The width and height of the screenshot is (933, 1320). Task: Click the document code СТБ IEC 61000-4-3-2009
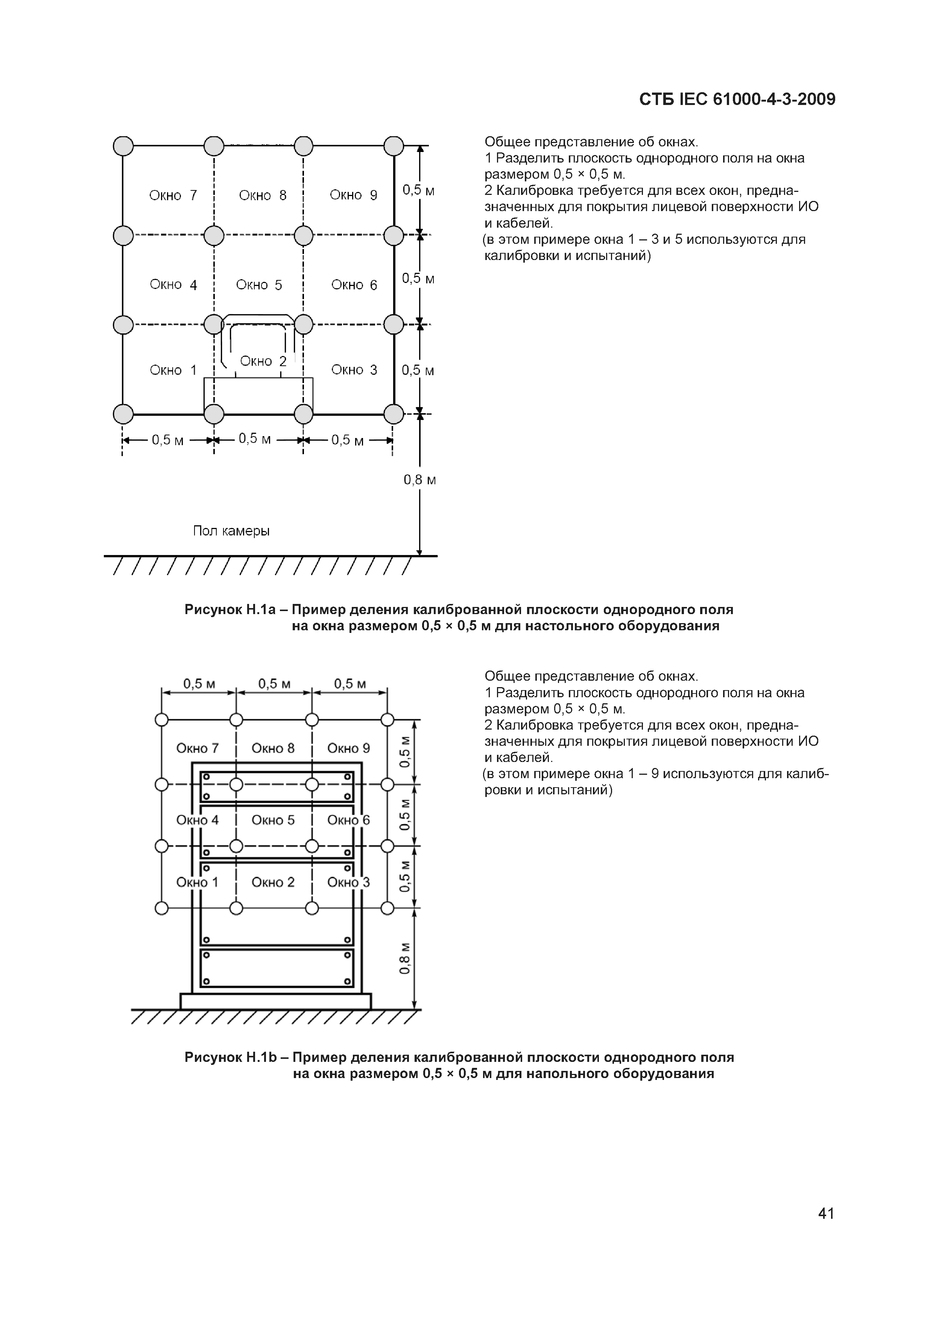[x=737, y=99]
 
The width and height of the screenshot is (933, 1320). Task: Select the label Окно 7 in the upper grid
[x=173, y=195]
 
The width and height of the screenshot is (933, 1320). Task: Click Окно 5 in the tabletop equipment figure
[x=259, y=285]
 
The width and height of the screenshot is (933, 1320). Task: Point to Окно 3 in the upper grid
[x=354, y=370]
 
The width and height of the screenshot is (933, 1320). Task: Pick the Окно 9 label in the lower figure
[x=348, y=748]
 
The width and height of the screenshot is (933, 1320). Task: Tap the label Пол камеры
[x=231, y=531]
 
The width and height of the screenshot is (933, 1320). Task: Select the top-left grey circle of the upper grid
[x=123, y=146]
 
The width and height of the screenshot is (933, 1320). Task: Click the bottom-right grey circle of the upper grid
[x=394, y=414]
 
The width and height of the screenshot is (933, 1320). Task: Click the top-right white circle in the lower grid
[x=387, y=720]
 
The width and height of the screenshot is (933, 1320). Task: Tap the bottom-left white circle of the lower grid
[x=161, y=908]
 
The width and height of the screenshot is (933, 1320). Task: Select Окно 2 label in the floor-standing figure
[x=273, y=882]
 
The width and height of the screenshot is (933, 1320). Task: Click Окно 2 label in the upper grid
[x=263, y=362]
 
